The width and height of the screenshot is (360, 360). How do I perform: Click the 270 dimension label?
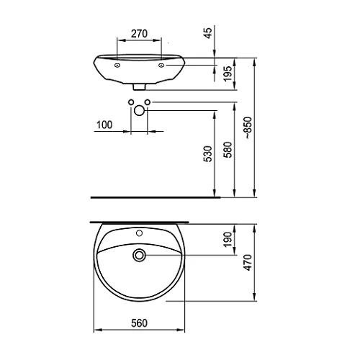coord(139,34)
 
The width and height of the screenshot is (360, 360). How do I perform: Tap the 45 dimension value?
coord(209,33)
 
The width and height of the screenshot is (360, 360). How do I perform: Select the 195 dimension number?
coord(228,73)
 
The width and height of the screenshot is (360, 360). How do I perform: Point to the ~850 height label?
coord(248,127)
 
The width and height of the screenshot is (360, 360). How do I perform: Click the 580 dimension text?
coord(228,150)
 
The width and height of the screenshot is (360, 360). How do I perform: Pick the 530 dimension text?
coord(208,154)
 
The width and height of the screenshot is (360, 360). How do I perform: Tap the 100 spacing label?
coord(104,125)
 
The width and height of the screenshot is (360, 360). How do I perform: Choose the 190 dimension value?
coord(228,239)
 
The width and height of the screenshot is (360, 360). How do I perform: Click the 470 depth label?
coord(248,263)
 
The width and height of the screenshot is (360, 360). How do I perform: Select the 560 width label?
coord(139,323)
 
